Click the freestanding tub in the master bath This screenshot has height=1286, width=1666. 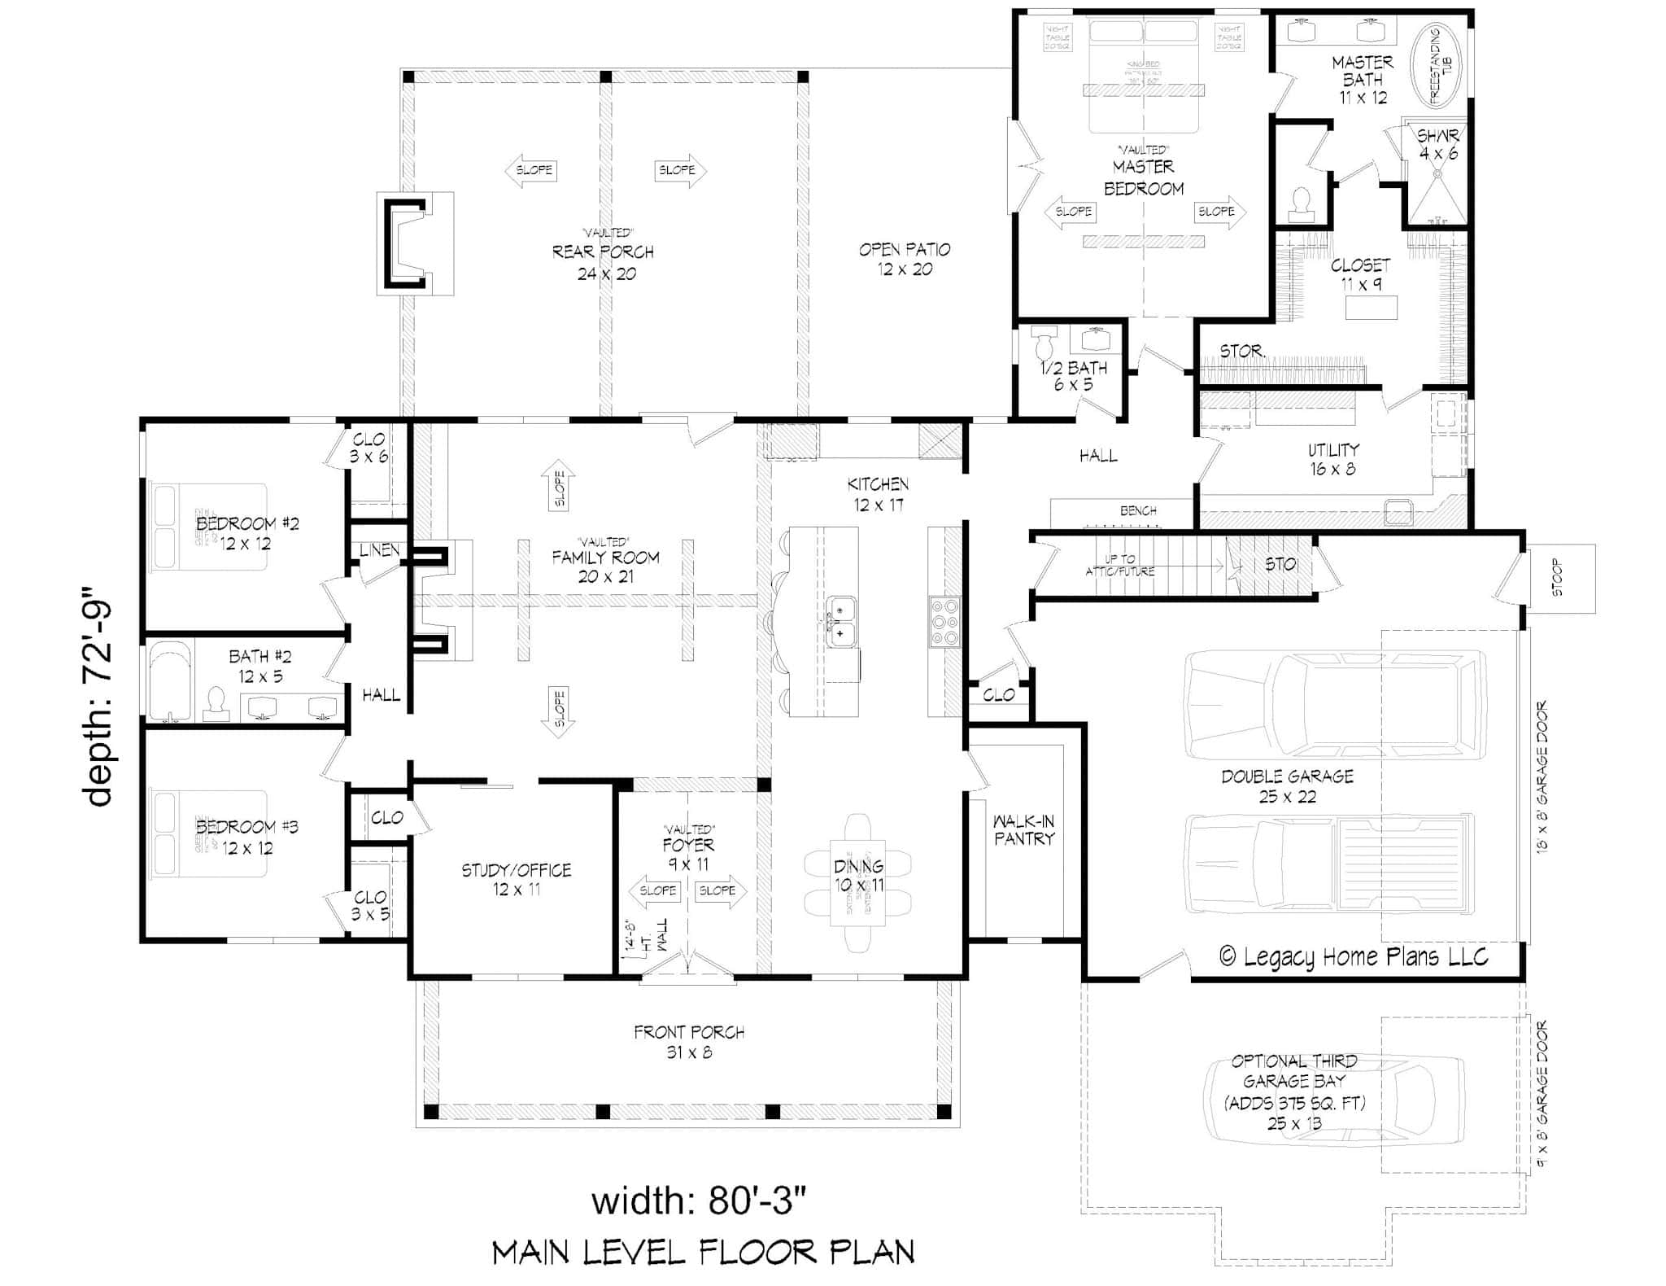(1434, 67)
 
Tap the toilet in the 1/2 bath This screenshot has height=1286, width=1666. (1044, 344)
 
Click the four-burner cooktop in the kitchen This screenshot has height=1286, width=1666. (945, 623)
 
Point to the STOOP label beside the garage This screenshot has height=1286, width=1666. (1557, 577)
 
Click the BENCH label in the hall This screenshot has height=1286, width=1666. (1137, 511)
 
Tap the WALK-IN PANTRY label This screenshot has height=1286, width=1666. (1023, 830)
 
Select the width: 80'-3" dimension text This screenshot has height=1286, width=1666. (700, 1201)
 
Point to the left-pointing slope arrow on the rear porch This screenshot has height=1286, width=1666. (530, 170)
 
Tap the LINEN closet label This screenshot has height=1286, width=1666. (379, 550)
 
